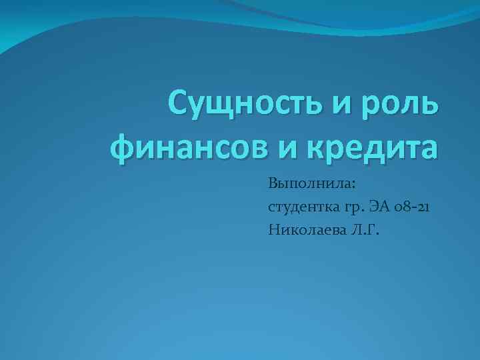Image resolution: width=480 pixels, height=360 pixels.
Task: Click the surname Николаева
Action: pyautogui.click(x=303, y=230)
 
